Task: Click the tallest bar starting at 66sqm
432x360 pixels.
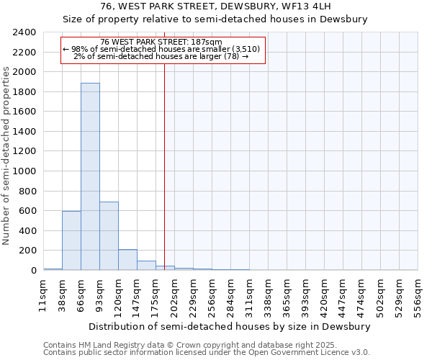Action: (90, 176)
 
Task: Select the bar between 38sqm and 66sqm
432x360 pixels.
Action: (71, 240)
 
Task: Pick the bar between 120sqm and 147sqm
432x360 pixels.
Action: (127, 260)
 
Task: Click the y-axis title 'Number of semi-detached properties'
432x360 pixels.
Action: (7, 156)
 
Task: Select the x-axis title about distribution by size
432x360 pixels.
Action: (230, 326)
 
